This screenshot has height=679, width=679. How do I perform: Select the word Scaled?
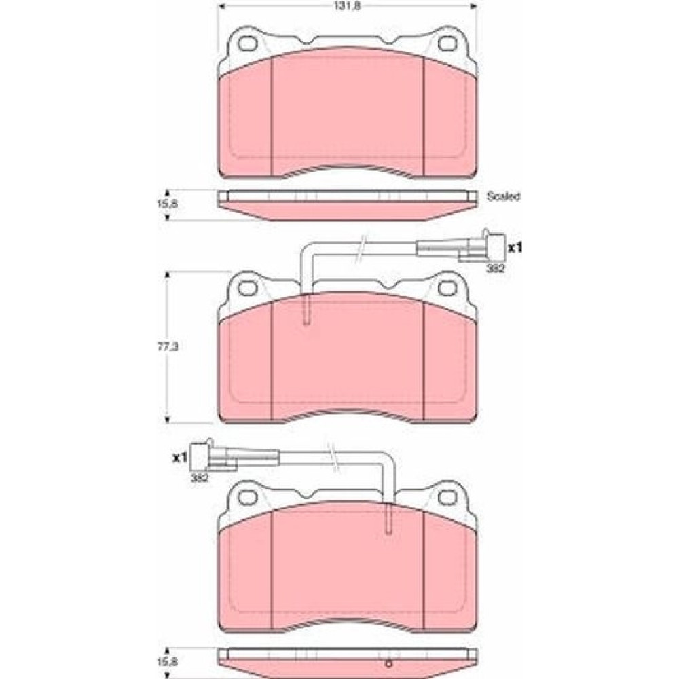click(503, 196)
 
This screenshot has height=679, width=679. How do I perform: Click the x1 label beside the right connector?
click(515, 248)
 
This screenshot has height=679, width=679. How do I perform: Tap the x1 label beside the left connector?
click(179, 457)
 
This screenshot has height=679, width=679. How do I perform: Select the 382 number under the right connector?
click(496, 268)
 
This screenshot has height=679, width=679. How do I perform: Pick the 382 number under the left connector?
click(200, 479)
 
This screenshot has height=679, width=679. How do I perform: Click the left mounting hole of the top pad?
click(248, 43)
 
